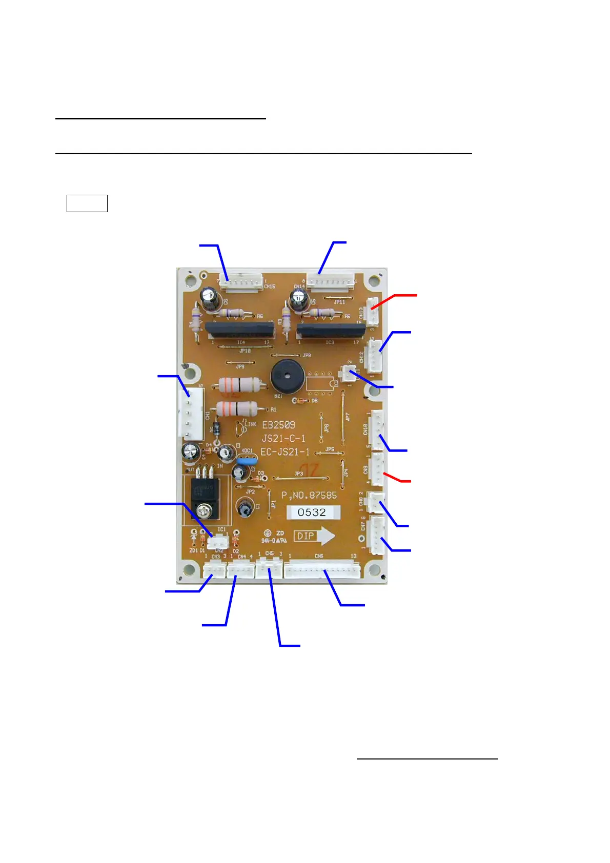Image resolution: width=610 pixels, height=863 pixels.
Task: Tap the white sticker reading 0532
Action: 313,512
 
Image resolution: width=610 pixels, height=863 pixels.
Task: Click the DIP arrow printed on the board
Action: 314,536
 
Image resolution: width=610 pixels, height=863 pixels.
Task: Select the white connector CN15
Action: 240,282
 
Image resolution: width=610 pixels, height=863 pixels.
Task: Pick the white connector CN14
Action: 331,281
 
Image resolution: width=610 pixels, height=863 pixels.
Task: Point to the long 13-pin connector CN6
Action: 322,569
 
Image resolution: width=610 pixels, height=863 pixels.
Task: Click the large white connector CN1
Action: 190,413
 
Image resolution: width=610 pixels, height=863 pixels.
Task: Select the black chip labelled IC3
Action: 331,330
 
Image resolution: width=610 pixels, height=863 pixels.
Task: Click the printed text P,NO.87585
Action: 309,496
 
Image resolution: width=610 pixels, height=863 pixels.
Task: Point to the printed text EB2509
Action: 278,425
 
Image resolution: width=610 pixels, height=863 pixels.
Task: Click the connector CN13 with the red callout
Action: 372,312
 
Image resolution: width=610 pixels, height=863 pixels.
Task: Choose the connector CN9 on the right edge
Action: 377,469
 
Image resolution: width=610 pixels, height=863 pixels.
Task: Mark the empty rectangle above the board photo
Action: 87,203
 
